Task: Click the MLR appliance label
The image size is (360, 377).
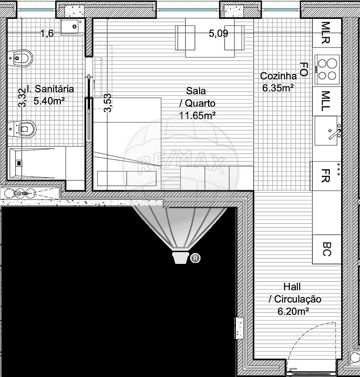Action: [x=326, y=33]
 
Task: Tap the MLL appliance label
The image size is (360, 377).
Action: [x=326, y=101]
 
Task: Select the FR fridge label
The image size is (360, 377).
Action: [x=326, y=176]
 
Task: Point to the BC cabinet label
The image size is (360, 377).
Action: [x=327, y=249]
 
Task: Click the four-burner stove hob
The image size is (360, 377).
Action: [x=327, y=69]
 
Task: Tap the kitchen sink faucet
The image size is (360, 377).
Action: [x=335, y=132]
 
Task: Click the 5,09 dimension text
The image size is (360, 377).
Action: [x=218, y=33]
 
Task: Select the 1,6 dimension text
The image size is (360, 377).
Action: [x=47, y=33]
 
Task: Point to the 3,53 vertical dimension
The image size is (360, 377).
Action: [x=108, y=103]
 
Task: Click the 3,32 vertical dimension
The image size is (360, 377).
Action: [x=22, y=98]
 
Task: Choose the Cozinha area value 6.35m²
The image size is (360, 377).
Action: [x=277, y=88]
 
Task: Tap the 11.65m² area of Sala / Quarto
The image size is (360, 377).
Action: [x=197, y=115]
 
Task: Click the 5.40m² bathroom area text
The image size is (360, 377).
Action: [x=49, y=101]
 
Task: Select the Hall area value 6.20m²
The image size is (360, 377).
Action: [x=293, y=311]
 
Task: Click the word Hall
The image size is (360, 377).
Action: [x=292, y=287]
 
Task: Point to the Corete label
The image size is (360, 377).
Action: [x=21, y=193]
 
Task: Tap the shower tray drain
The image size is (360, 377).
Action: [x=19, y=163]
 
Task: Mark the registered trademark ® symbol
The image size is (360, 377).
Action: [x=195, y=258]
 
